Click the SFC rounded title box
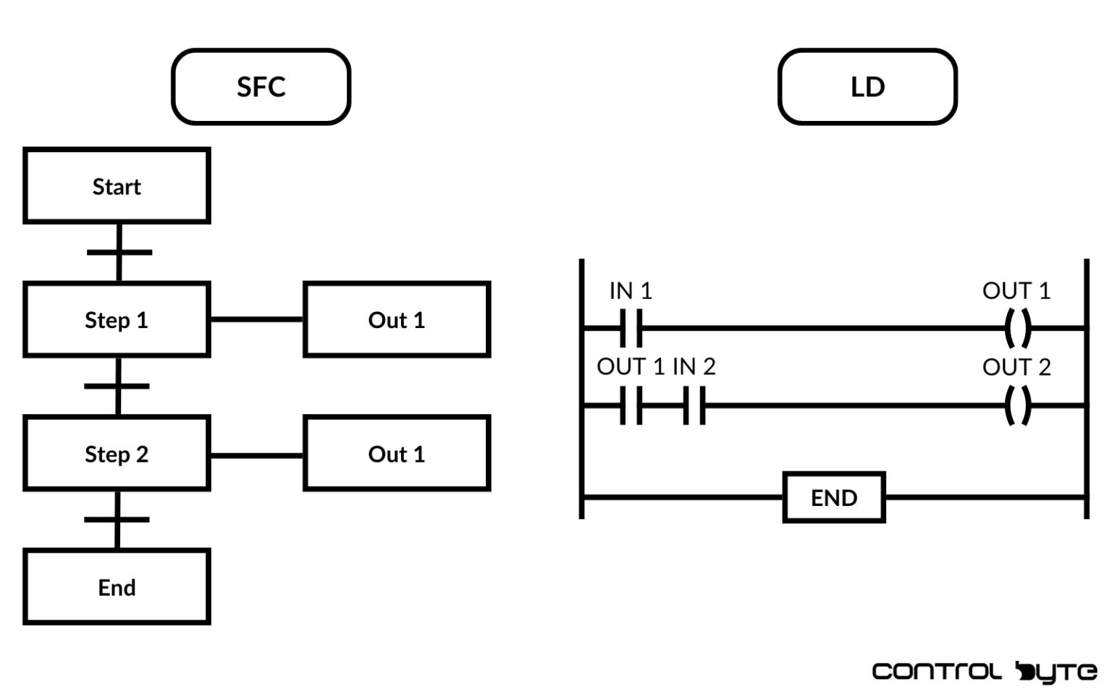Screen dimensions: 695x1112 (261, 87)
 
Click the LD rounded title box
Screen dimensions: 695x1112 (867, 87)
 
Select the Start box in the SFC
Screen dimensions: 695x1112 (117, 186)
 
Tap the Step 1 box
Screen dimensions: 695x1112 (117, 319)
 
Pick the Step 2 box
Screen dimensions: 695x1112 (117, 454)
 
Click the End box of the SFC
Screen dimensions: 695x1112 (117, 587)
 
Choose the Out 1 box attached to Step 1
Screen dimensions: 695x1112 (397, 319)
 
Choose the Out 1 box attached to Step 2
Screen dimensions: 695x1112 (397, 454)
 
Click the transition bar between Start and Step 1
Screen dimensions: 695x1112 (119, 252)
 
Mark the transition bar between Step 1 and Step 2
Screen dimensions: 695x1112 (117, 386)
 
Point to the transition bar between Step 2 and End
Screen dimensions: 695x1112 (117, 519)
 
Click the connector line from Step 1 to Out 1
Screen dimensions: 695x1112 (256, 319)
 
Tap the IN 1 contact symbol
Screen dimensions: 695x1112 (631, 328)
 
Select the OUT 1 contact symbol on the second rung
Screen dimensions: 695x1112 (631, 405)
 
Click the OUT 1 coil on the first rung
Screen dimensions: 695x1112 (1017, 328)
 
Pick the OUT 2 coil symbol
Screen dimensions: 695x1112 (1017, 405)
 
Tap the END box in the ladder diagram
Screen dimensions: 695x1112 (834, 497)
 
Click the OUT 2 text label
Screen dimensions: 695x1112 (1016, 367)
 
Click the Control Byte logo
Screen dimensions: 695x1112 (984, 672)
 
